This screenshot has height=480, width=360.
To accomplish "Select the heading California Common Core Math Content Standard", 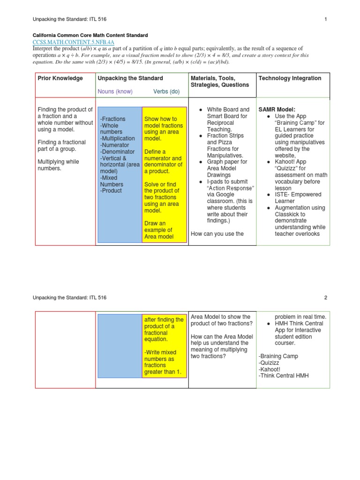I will [90, 35].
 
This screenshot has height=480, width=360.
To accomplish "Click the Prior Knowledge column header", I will [60, 78].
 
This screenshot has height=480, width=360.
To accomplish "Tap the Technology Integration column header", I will [290, 78].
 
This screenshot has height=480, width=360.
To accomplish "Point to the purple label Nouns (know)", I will [115, 91].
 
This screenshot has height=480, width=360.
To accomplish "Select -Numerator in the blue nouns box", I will [114, 145].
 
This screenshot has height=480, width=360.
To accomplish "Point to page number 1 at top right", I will [325, 19].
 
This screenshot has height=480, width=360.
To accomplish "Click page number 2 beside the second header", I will [325, 298].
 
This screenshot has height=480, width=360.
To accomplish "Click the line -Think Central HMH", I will [284, 375].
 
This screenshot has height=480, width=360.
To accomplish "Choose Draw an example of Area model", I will [158, 230].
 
